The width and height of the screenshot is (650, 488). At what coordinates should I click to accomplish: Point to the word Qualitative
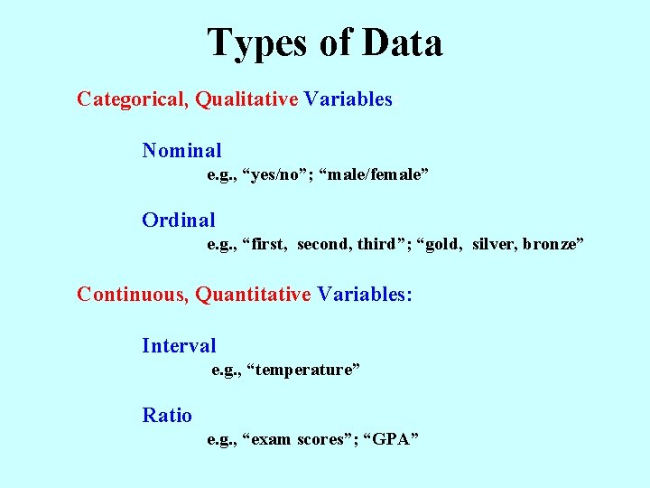pos(246,99)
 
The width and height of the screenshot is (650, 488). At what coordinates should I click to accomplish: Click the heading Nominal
pos(181,150)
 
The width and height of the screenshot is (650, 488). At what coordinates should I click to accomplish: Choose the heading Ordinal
pos(179,220)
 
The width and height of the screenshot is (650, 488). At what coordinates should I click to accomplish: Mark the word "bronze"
pos(552,244)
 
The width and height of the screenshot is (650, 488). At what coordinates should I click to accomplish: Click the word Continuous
pos(134,295)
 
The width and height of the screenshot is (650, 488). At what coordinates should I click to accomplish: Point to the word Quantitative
pos(254,295)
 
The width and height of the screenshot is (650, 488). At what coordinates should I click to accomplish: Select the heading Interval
pos(179,345)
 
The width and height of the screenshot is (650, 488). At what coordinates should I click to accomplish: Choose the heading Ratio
pos(167,416)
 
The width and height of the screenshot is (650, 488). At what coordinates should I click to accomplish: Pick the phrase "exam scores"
pos(298,440)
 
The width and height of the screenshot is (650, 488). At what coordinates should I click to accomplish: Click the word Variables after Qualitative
pos(348,99)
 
